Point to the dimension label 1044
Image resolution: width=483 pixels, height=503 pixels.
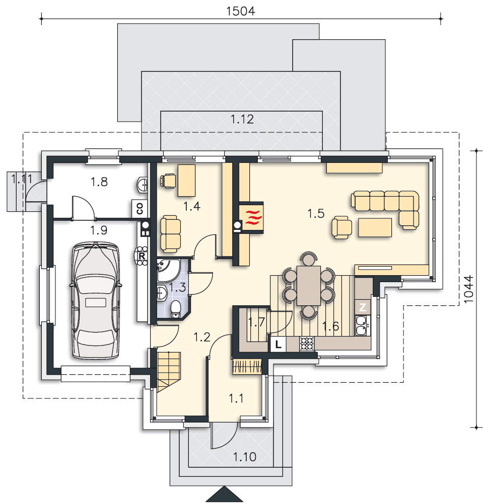(x=468, y=289)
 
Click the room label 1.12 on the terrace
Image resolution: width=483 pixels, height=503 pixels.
(x=242, y=119)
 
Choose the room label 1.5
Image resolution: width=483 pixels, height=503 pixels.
(x=316, y=214)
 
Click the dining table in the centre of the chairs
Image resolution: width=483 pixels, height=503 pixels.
(x=308, y=286)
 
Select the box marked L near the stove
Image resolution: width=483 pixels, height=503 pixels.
(x=279, y=345)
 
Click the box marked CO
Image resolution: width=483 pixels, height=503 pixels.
(x=139, y=208)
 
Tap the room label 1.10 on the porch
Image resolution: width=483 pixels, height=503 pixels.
(x=244, y=457)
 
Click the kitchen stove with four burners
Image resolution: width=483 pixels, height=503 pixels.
(x=307, y=344)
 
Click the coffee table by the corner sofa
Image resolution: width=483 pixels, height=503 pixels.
(x=375, y=227)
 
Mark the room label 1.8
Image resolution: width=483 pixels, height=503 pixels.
(x=99, y=182)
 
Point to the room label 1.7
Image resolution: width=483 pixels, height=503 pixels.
(x=256, y=322)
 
